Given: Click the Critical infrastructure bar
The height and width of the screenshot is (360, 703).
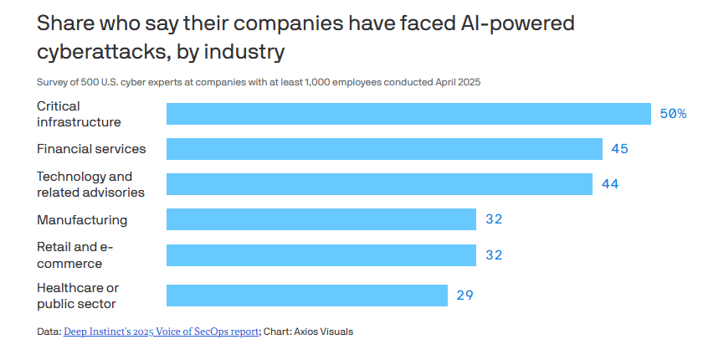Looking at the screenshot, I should coord(408,113).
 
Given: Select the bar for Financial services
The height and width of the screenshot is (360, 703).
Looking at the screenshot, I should coord(384,149).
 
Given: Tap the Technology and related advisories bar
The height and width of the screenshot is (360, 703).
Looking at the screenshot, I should coord(379,184).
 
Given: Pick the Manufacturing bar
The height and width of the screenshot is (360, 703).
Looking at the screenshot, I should coord(321,219).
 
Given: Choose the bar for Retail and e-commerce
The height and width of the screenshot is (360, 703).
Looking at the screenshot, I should coord(321,255).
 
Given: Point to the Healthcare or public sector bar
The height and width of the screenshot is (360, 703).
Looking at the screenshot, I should coord(307,295).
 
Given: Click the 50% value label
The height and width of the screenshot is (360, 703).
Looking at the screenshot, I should coord(673,113).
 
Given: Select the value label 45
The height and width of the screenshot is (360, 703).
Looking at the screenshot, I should coord(619,149).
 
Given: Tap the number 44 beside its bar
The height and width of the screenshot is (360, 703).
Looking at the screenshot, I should coord(610,184).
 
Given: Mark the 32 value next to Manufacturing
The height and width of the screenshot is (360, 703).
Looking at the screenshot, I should coord(494,219).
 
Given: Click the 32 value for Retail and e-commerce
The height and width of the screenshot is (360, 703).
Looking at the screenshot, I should coord(494,255).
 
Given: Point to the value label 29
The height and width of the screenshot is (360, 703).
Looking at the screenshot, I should coord(464,295).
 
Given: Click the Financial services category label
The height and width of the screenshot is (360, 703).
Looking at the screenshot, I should coord(91,149).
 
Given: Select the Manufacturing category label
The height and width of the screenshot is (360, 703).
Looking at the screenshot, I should coord(82,219).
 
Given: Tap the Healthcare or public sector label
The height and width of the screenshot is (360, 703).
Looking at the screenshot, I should coord(78,296).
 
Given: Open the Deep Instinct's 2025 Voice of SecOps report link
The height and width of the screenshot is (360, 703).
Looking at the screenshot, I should coord(161,332).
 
